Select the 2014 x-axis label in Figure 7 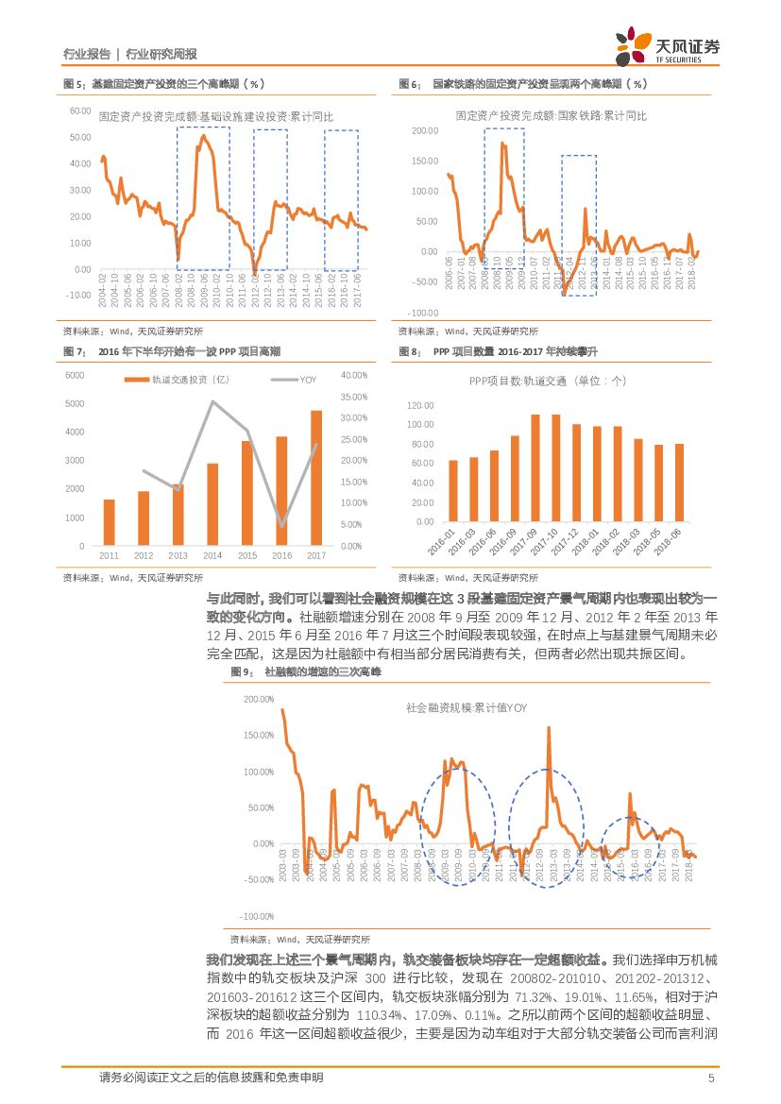(212, 555)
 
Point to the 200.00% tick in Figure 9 (258, 699)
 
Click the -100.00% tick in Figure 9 (258, 916)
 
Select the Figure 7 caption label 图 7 (73, 351)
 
